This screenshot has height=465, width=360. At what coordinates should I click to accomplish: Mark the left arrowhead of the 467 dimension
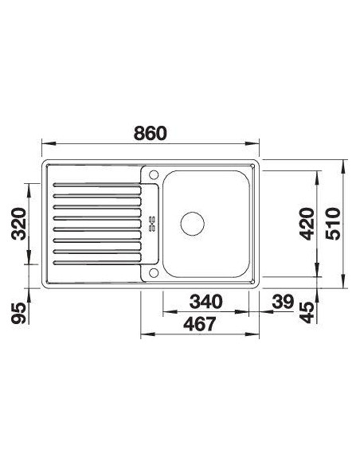click(143, 334)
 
